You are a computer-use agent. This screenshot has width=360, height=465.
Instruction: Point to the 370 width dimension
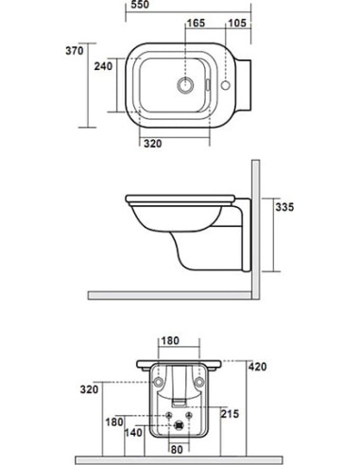point(78,50)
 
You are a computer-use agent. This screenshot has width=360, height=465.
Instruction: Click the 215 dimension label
point(229,414)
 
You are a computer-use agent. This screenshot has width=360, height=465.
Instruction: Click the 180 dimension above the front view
point(170,341)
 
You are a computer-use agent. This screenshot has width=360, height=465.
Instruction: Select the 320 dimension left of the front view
point(88,387)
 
